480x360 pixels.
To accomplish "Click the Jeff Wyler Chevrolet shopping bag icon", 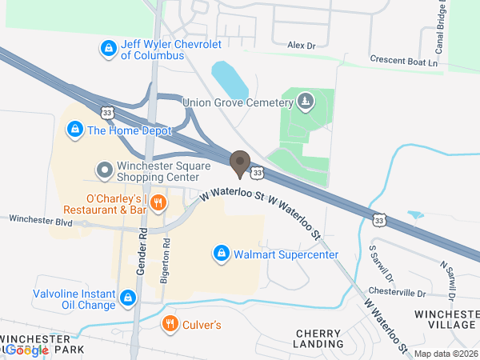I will (108, 49).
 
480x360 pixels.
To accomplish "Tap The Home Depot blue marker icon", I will (74, 129).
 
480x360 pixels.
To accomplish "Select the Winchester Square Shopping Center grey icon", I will (104, 170).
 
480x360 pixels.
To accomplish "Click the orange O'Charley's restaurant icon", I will (158, 203).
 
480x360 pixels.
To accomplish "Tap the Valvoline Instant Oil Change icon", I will (127, 299).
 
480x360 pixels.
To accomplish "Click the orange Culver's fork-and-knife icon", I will (170, 324).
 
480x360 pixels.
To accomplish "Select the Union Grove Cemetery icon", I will (304, 102).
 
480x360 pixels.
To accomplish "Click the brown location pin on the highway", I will (239, 164).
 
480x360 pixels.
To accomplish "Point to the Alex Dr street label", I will (302, 46).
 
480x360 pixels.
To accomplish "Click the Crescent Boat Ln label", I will (404, 61).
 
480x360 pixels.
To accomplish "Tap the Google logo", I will (27, 350).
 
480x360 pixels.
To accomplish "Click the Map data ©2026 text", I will (445, 354).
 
